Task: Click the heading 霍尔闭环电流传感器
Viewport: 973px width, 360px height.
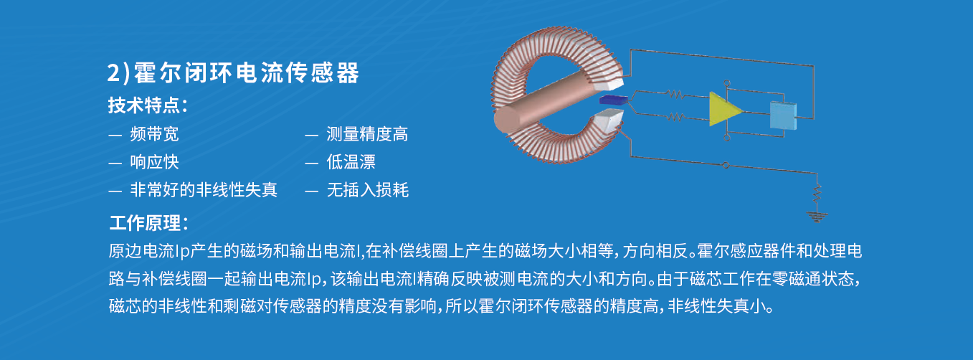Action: pyautogui.click(x=246, y=72)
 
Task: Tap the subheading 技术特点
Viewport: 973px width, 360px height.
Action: pyautogui.click(x=144, y=105)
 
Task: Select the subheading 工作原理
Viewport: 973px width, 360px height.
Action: pyautogui.click(x=145, y=223)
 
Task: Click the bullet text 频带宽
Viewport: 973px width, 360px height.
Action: pyautogui.click(x=154, y=134)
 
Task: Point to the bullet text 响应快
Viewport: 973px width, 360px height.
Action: pyautogui.click(x=154, y=162)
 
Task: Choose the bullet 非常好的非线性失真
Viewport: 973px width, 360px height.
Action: pyautogui.click(x=204, y=190)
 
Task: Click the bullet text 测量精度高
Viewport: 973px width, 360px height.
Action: pyautogui.click(x=367, y=134)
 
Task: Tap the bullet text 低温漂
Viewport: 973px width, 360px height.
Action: pyautogui.click(x=351, y=162)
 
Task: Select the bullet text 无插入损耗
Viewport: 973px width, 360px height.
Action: pyautogui.click(x=368, y=190)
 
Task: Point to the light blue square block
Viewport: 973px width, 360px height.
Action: pyautogui.click(x=783, y=115)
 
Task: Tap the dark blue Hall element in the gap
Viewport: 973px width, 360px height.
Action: pyautogui.click(x=613, y=100)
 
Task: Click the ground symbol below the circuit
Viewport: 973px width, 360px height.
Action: pyautogui.click(x=817, y=217)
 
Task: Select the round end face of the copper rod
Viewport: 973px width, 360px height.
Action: pyautogui.click(x=508, y=119)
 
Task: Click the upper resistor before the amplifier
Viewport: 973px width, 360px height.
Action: pyautogui.click(x=675, y=94)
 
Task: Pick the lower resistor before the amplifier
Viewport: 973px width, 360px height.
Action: pyautogui.click(x=675, y=117)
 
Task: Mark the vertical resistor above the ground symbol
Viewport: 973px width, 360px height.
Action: pyautogui.click(x=817, y=193)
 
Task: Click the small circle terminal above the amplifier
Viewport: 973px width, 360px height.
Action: pyautogui.click(x=727, y=82)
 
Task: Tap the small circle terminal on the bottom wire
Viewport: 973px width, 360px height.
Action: pyautogui.click(x=726, y=165)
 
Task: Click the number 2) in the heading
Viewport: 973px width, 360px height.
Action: pyautogui.click(x=118, y=72)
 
